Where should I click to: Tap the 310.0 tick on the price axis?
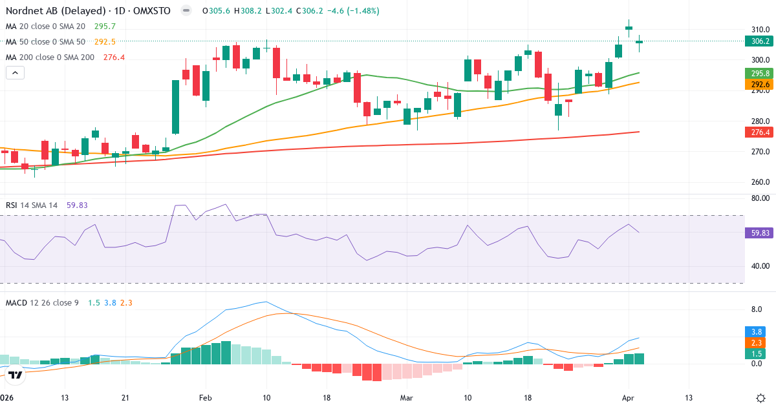click(760, 30)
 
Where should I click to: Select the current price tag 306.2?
click(760, 41)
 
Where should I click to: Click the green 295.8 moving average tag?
click(760, 74)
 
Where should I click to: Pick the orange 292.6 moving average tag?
click(760, 85)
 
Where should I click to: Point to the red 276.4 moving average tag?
click(760, 132)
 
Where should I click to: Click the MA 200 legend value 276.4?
click(114, 57)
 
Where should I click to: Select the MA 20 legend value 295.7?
click(105, 26)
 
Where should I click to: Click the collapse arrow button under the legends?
click(15, 73)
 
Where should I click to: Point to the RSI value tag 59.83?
click(760, 232)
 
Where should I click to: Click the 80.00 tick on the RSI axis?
click(760, 198)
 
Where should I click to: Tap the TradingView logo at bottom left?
click(16, 374)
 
